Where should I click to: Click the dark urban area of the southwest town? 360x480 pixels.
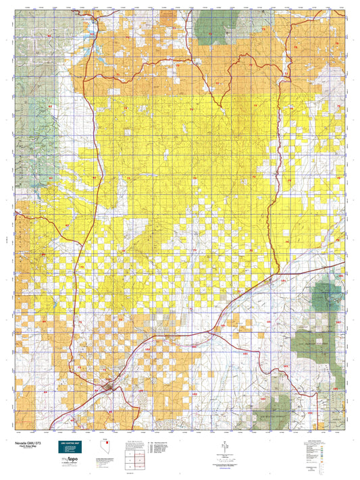pyautogui.click(x=107, y=388)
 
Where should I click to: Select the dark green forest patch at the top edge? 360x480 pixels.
pyautogui.click(x=212, y=24)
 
